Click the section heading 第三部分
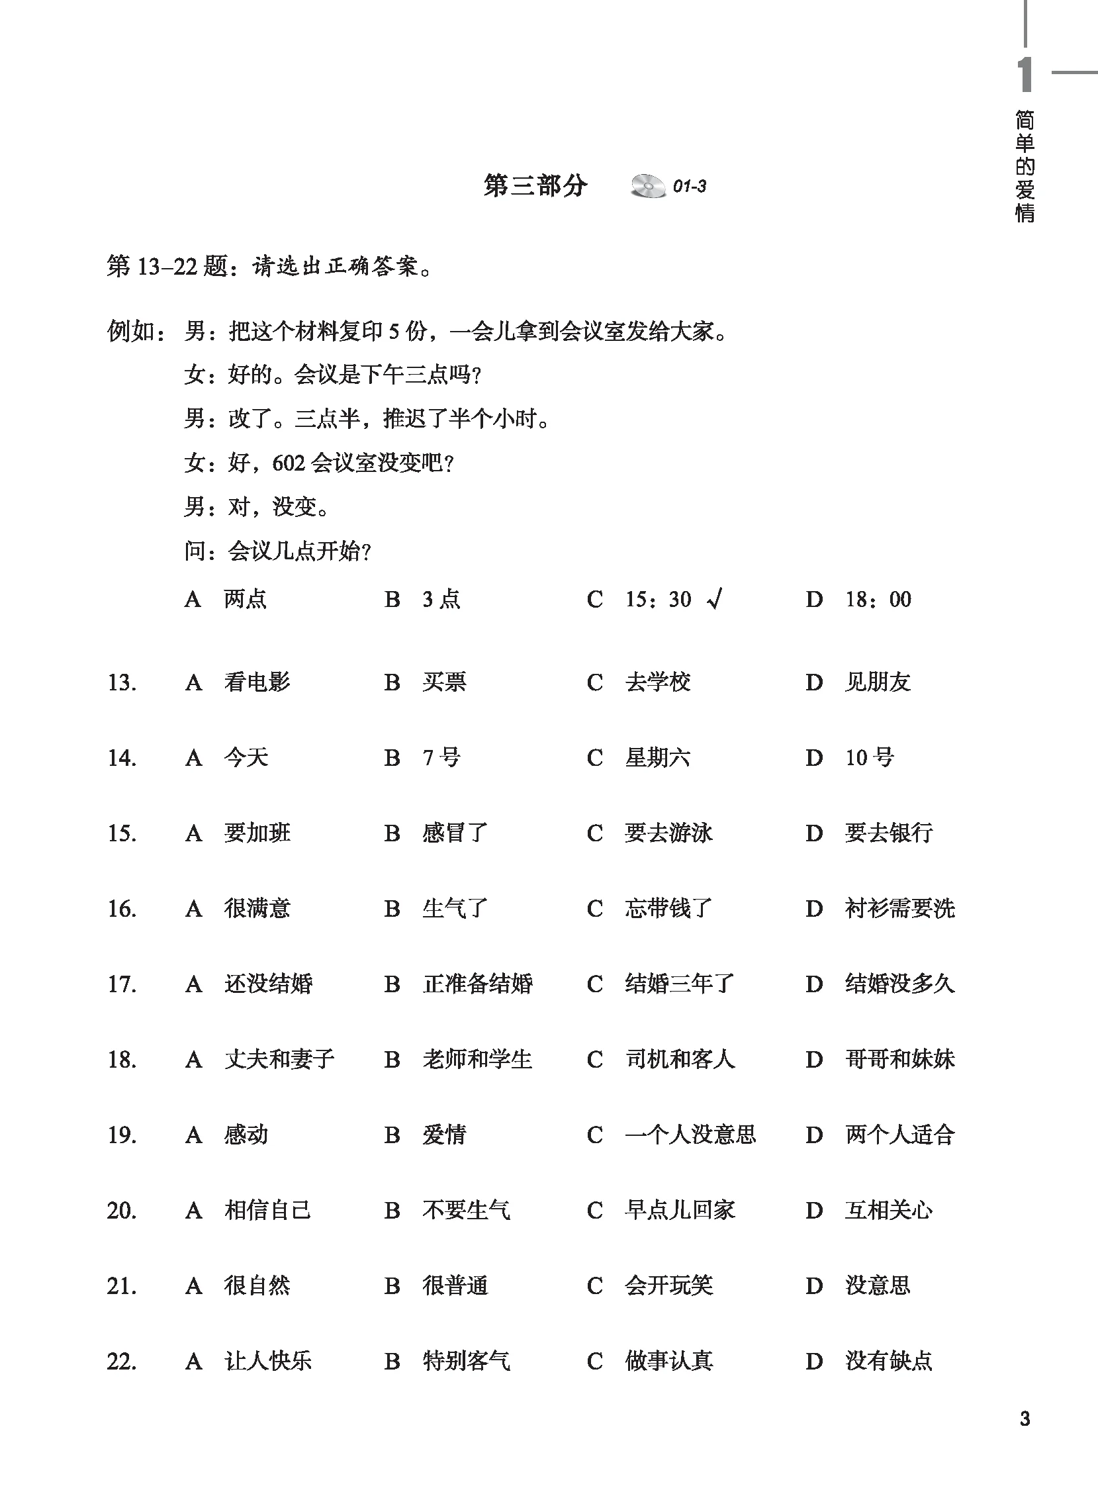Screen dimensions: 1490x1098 535,186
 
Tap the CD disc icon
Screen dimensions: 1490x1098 647,186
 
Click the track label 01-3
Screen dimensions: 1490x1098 689,187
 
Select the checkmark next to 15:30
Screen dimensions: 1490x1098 715,600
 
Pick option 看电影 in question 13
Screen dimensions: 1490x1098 257,682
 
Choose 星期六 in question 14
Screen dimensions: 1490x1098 657,758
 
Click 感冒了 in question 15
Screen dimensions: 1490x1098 455,833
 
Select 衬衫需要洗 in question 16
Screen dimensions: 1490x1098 899,908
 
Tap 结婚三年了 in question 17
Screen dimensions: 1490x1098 679,984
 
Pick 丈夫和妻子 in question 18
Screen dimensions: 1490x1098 279,1059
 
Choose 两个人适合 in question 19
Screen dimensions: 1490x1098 899,1135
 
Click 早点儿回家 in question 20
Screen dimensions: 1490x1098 679,1210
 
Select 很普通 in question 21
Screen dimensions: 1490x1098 455,1285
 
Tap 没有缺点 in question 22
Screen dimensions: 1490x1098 888,1361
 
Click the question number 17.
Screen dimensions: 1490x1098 122,984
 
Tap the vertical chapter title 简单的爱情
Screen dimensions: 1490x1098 1025,166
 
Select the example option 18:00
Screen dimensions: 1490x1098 878,600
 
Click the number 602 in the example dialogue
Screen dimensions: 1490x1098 288,463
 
